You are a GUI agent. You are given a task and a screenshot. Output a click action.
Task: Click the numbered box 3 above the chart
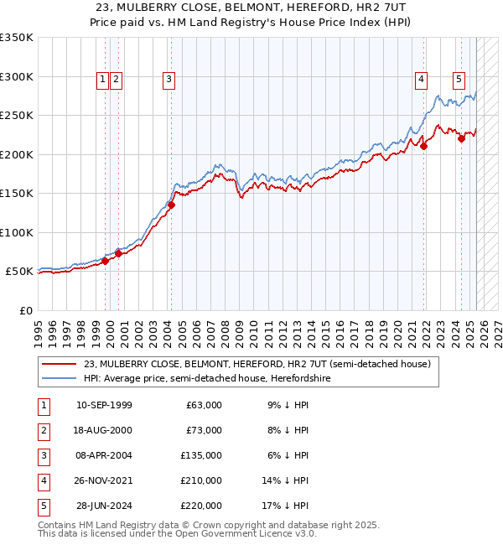(169, 80)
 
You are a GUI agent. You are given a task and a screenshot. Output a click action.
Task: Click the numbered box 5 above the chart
(459, 80)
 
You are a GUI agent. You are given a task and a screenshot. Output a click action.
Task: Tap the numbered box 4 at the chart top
(421, 80)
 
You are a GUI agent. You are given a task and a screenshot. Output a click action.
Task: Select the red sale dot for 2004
(171, 205)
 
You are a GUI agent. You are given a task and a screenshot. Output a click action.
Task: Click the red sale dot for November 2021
(424, 146)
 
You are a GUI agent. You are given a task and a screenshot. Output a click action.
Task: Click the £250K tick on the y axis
(17, 116)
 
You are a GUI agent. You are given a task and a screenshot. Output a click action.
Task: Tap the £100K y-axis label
(17, 232)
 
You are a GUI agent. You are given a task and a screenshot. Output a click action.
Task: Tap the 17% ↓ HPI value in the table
(286, 506)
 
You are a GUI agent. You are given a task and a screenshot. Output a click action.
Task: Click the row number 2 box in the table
(43, 430)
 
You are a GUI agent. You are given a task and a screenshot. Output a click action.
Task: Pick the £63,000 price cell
(205, 405)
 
